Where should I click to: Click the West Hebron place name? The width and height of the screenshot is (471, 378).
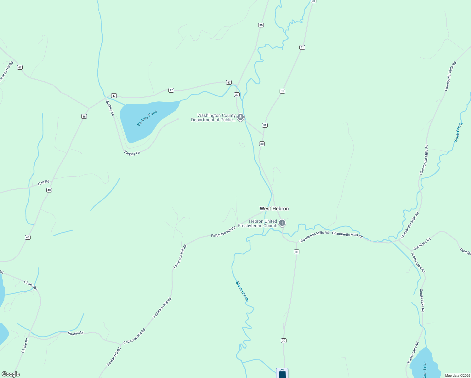(x=274, y=209)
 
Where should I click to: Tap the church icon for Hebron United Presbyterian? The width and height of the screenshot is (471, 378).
(x=282, y=223)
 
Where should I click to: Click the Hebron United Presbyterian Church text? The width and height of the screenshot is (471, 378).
(x=258, y=223)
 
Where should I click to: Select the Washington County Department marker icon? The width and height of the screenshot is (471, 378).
(x=241, y=117)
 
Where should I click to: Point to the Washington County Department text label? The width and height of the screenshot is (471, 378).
(x=213, y=117)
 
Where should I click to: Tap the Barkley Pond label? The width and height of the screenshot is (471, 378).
(x=147, y=118)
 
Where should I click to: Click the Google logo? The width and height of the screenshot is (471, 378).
(x=10, y=374)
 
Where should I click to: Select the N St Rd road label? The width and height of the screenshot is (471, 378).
(x=44, y=182)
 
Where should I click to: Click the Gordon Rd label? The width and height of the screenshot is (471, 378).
(x=76, y=333)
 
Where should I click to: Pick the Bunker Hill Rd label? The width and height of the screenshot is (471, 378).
(x=114, y=357)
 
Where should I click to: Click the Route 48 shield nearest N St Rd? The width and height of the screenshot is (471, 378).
(x=49, y=190)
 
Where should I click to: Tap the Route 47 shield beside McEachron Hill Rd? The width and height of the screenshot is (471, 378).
(x=20, y=67)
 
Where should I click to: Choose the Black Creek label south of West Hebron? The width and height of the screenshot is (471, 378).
(x=242, y=291)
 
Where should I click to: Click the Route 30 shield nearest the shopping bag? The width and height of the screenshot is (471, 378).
(x=284, y=341)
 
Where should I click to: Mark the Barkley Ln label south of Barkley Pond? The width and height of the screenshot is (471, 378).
(x=132, y=153)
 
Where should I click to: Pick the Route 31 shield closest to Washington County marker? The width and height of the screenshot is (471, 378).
(x=265, y=125)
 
